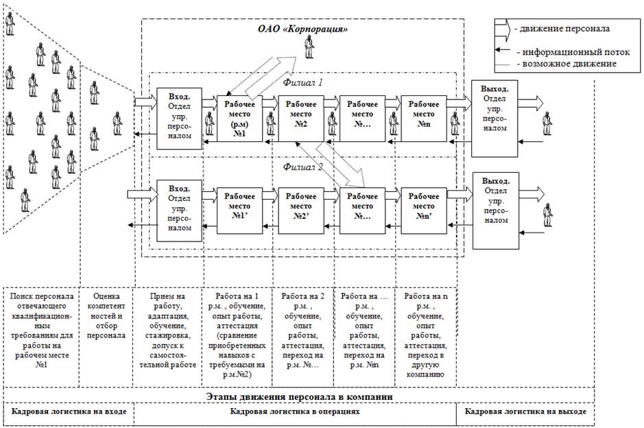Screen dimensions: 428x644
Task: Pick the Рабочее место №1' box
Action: pos(240,206)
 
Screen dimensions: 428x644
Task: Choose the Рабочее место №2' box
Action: pos(302,206)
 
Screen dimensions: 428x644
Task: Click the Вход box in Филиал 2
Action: pos(179,210)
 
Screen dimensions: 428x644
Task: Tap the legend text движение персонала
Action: pos(564,29)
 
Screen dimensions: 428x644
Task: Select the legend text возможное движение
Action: pos(568,64)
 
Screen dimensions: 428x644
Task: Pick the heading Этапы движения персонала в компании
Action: pos(302,396)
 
